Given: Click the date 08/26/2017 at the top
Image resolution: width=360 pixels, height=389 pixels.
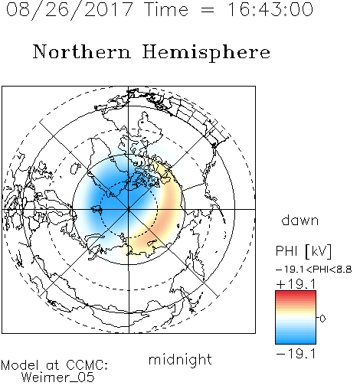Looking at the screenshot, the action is [69, 10].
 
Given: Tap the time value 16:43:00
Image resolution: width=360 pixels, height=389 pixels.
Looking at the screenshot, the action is [270, 9].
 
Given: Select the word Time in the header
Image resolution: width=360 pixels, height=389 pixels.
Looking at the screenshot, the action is [166, 9].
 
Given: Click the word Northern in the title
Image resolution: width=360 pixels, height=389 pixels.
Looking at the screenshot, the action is [82, 51].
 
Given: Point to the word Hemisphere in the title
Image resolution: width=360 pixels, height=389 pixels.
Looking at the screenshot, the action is [206, 53].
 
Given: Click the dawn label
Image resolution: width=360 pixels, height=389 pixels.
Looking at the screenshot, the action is [300, 220].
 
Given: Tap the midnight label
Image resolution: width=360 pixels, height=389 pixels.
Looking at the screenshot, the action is [180, 359].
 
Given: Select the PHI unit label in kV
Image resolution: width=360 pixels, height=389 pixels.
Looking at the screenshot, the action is [303, 251].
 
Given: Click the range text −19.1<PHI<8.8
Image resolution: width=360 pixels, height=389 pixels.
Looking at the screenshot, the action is [314, 270].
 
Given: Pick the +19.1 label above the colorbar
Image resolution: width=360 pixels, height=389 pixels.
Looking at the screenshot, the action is [296, 284].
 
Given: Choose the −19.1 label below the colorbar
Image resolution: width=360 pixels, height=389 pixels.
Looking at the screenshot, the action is [296, 354].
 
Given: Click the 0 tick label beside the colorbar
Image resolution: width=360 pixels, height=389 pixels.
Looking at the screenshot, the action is [322, 319].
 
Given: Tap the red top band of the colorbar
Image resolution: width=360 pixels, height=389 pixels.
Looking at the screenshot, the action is [296, 294].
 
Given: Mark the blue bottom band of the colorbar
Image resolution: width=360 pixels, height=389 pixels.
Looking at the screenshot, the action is [296, 340].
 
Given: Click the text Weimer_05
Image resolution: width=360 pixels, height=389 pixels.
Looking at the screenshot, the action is [58, 378].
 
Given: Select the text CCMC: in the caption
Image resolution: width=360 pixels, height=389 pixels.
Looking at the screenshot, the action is [87, 365].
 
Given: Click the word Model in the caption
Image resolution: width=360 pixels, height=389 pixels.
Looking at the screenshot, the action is [20, 365].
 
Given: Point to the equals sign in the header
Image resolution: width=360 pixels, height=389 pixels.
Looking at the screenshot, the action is [208, 10].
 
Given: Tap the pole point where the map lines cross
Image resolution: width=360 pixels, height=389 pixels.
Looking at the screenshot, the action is [129, 210].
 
